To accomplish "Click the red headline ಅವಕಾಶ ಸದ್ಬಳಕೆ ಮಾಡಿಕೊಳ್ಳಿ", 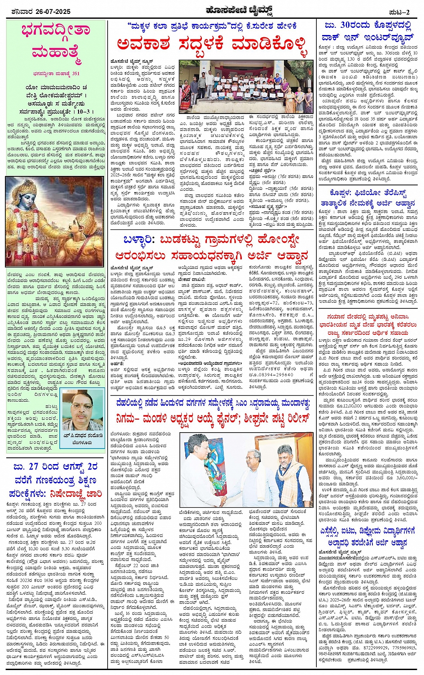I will [213, 45].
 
